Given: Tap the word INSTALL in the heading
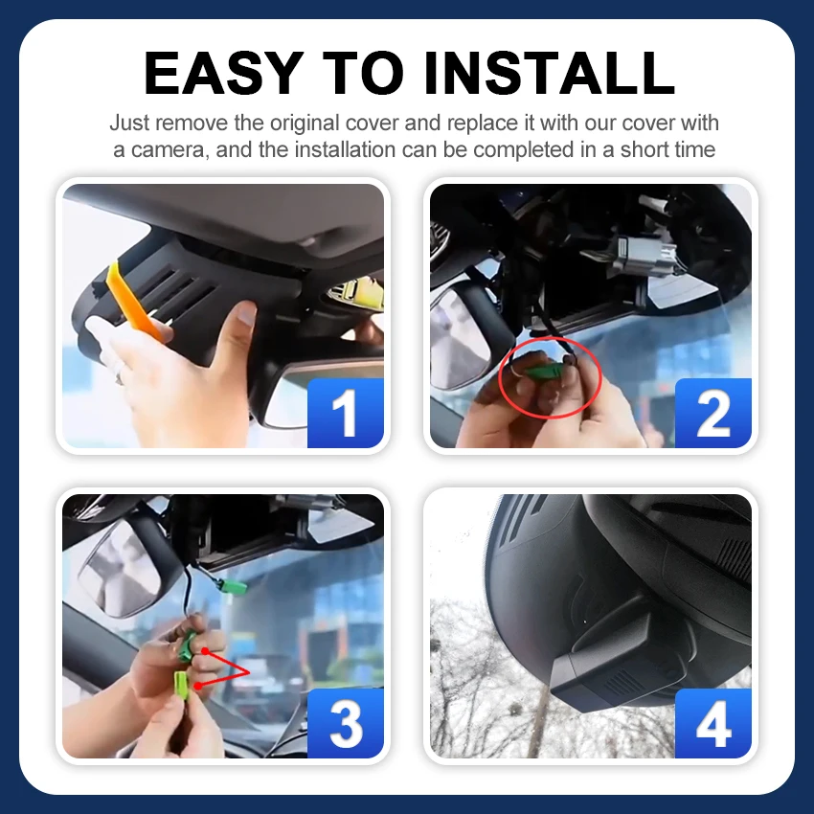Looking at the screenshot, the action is (550, 73).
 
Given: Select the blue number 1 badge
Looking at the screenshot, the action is (345, 413).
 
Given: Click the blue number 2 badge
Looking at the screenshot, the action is (713, 413).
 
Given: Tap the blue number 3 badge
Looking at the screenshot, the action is (345, 723).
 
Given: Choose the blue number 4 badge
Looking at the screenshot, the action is (713, 723).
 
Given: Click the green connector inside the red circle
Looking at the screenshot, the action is (543, 371).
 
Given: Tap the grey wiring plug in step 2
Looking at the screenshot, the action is (644, 256).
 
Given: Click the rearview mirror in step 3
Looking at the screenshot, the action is (124, 566).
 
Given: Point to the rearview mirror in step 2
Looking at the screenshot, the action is (460, 337).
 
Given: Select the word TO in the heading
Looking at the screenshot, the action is (363, 73).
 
